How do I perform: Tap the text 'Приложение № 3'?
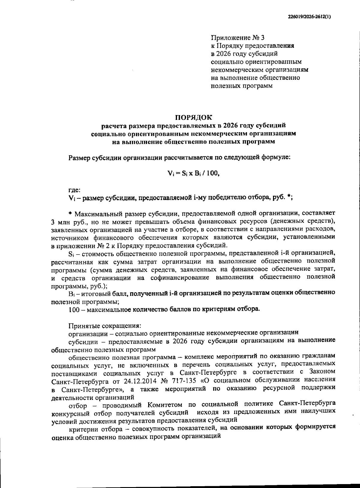tap(238, 38)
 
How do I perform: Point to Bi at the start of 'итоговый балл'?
tap(71, 292)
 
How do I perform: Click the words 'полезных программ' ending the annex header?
tap(242, 86)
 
